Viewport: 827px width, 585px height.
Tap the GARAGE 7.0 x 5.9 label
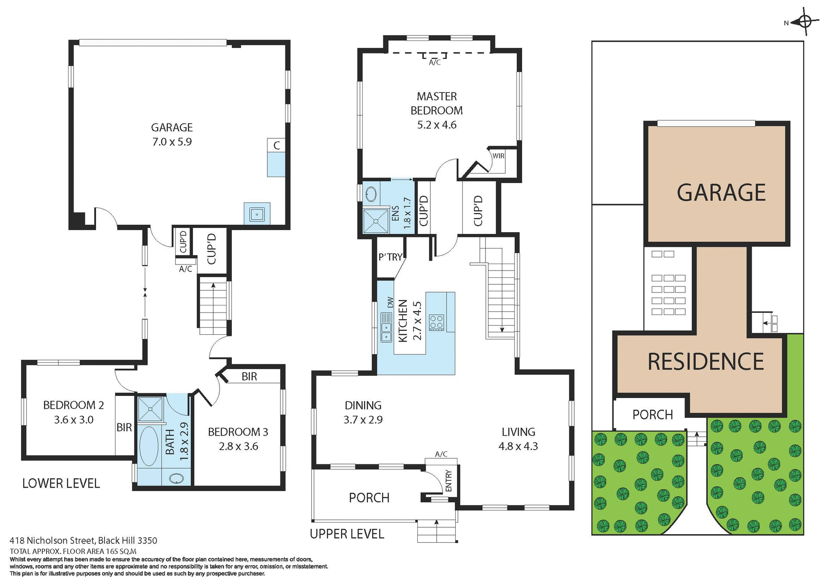click(172, 134)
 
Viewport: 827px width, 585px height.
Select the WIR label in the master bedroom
click(498, 156)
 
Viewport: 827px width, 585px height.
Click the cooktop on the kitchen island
click(436, 322)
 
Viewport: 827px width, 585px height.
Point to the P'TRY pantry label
click(390, 257)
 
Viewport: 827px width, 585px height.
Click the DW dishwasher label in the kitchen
click(390, 302)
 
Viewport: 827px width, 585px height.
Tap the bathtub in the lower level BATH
click(149, 446)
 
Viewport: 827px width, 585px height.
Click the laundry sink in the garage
click(257, 214)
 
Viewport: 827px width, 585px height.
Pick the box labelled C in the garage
click(276, 145)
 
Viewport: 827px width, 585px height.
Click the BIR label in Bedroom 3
click(249, 377)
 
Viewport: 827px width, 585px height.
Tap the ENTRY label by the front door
click(448, 481)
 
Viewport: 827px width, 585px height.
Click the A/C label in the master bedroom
click(435, 62)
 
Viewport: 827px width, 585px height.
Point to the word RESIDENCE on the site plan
click(706, 362)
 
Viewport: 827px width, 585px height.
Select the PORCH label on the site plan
click(653, 415)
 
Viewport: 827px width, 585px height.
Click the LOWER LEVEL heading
click(61, 483)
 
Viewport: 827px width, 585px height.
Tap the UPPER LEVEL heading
click(347, 534)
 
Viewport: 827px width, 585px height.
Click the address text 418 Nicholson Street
click(83, 541)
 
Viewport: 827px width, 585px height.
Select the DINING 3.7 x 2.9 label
click(363, 412)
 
